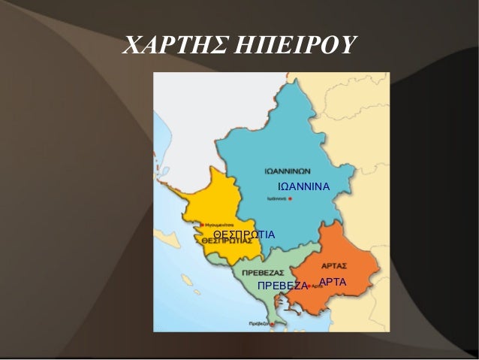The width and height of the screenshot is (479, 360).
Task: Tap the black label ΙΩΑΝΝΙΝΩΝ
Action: (289, 169)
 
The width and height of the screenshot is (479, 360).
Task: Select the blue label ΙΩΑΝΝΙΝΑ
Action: (304, 185)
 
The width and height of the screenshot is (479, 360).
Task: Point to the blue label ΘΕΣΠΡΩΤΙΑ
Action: (244, 235)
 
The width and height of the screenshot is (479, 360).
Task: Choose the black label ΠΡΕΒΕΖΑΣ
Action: (262, 271)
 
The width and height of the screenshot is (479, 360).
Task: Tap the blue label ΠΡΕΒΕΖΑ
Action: (283, 286)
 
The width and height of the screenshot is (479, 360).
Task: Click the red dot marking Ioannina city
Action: (290, 200)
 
